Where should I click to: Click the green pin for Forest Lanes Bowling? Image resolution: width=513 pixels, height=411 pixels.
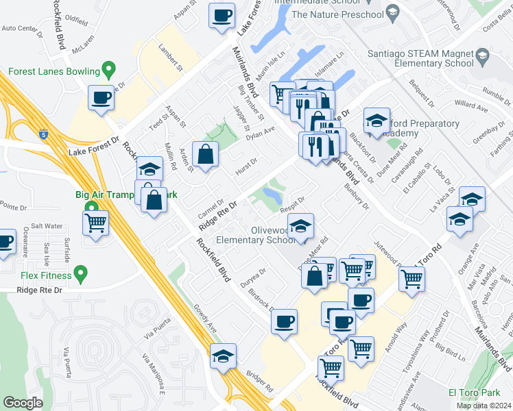[x=108, y=70]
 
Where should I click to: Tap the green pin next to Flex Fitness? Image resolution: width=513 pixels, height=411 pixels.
[x=82, y=276]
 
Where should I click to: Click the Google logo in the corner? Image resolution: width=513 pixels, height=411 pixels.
[x=23, y=403]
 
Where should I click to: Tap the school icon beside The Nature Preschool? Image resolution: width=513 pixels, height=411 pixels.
[x=392, y=12]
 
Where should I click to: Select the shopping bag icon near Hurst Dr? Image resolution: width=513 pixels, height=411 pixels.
[x=205, y=154]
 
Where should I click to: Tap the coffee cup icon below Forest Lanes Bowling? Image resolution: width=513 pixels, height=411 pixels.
[x=101, y=98]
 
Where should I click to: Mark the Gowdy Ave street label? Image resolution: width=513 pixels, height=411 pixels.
[x=206, y=319]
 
